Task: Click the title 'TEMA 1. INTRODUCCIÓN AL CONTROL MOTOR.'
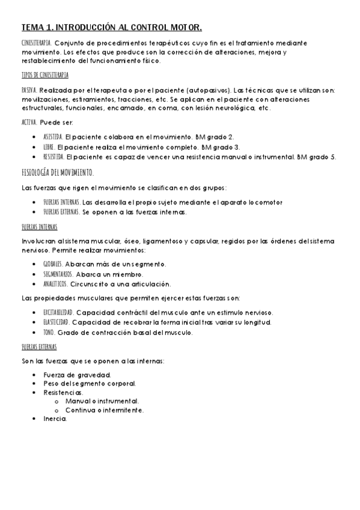pyautogui.click(x=111, y=28)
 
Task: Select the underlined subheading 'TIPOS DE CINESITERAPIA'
pyautogui.click(x=44, y=75)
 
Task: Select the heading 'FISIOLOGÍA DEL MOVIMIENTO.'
pyautogui.click(x=57, y=172)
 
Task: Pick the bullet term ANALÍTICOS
pyautogui.click(x=56, y=283)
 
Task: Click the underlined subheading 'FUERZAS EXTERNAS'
pyautogui.click(x=39, y=348)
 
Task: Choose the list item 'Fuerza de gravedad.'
pyautogui.click(x=73, y=374)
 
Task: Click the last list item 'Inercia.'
pyautogui.click(x=55, y=419)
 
